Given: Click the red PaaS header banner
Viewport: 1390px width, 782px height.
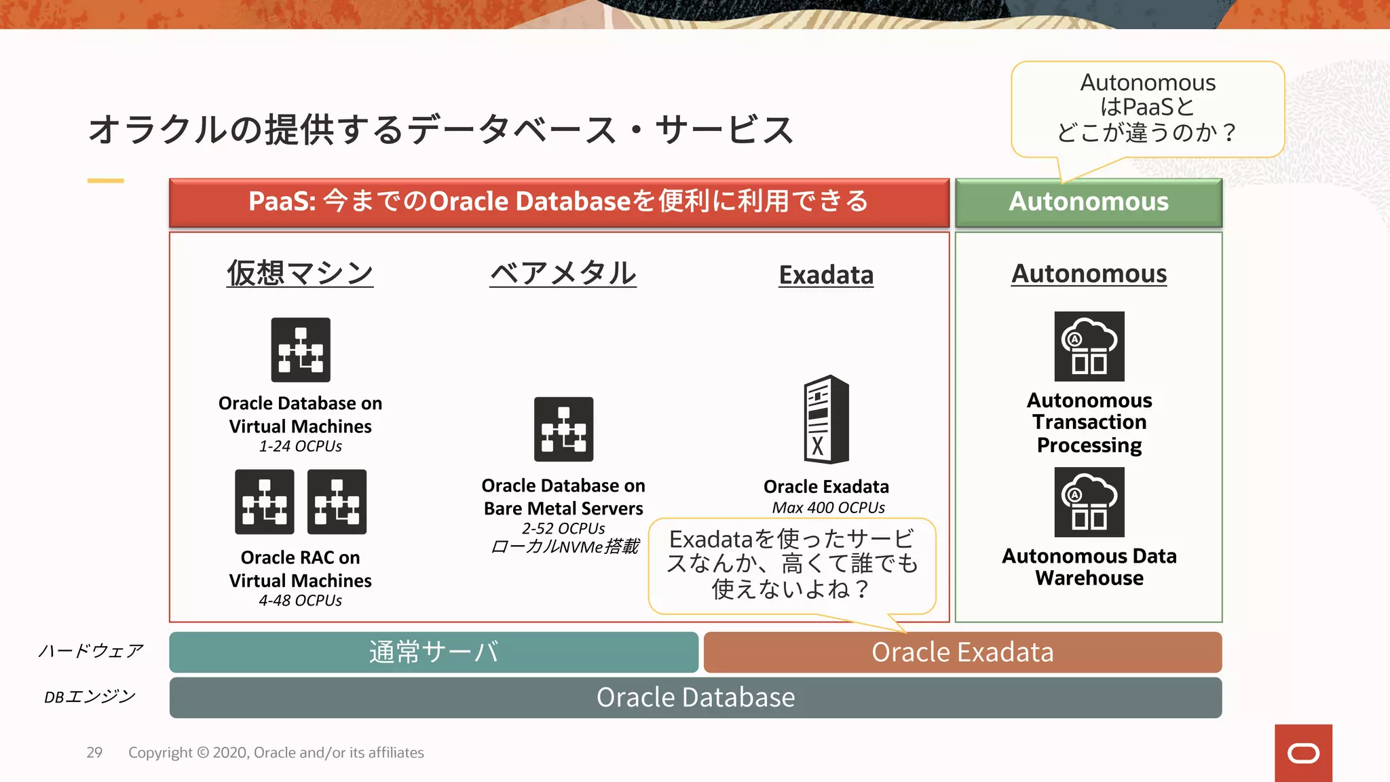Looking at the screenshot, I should coord(559,202).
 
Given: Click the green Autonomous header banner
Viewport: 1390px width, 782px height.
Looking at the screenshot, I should coord(1088,202).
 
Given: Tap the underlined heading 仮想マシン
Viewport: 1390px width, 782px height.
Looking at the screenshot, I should coord(300,273).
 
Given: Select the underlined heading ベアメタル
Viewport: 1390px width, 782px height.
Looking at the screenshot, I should coord(563,273).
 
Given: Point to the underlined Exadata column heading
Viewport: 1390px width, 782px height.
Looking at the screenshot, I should coord(826,275).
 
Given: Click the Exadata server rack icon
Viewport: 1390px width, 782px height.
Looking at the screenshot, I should coord(826,419).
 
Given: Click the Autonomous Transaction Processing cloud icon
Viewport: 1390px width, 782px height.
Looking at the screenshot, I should coord(1089,346).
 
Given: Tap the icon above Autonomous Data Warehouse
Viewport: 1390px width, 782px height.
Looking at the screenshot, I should coord(1089,502).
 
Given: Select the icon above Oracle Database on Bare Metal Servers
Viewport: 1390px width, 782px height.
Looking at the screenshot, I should coord(563,429).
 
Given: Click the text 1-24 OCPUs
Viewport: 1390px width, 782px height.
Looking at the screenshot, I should coord(300,446).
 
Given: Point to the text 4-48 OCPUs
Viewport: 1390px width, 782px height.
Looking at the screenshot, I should coord(300,600).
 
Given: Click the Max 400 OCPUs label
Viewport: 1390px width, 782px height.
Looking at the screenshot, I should coord(828,507).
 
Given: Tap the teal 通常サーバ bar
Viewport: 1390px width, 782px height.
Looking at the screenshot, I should coord(434,652).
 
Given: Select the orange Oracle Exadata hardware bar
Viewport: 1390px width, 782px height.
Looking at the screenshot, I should coord(962,652).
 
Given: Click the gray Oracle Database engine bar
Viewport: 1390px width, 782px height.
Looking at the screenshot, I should coord(695,697).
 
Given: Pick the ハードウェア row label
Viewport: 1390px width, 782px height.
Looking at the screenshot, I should coord(90,651).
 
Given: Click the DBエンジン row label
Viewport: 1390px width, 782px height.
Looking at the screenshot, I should coord(90,696).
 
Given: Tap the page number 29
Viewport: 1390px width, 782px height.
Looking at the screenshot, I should coord(94,752).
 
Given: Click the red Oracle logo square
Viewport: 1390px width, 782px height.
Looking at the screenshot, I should coord(1303,753).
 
